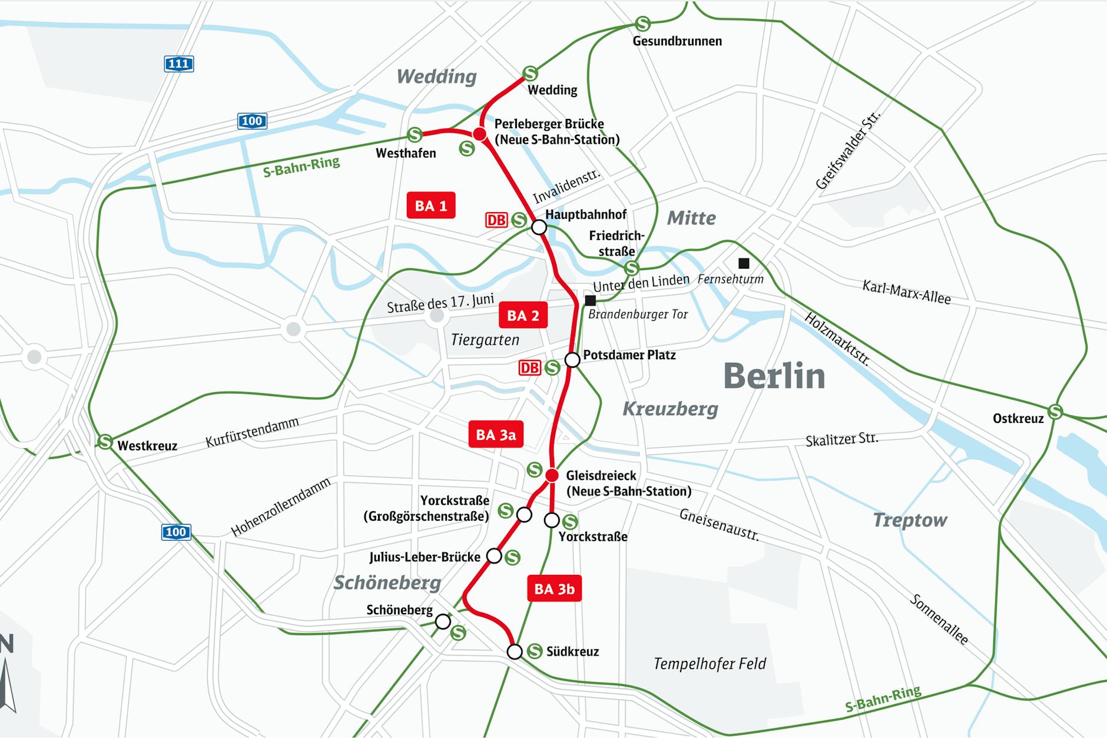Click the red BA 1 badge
click(x=430, y=206)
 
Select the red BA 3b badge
click(x=554, y=588)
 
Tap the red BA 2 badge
click(x=523, y=316)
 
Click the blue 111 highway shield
click(x=178, y=64)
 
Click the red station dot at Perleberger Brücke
click(x=480, y=134)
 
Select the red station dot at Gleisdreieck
click(x=552, y=475)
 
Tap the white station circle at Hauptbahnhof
click(x=539, y=227)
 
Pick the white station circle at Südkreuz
click(x=515, y=651)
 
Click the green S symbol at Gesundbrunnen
click(x=643, y=24)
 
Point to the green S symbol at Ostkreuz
click(x=1055, y=411)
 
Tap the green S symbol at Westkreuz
click(x=105, y=441)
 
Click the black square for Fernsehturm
click(x=744, y=263)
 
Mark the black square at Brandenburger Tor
click(x=590, y=301)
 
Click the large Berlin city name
click(x=774, y=376)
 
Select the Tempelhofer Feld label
click(x=710, y=664)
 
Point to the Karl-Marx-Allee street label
click(x=906, y=293)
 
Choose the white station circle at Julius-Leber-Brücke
click(x=494, y=555)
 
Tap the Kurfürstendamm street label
click(x=252, y=432)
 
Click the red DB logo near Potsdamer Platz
click(x=529, y=368)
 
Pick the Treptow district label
click(x=909, y=520)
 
